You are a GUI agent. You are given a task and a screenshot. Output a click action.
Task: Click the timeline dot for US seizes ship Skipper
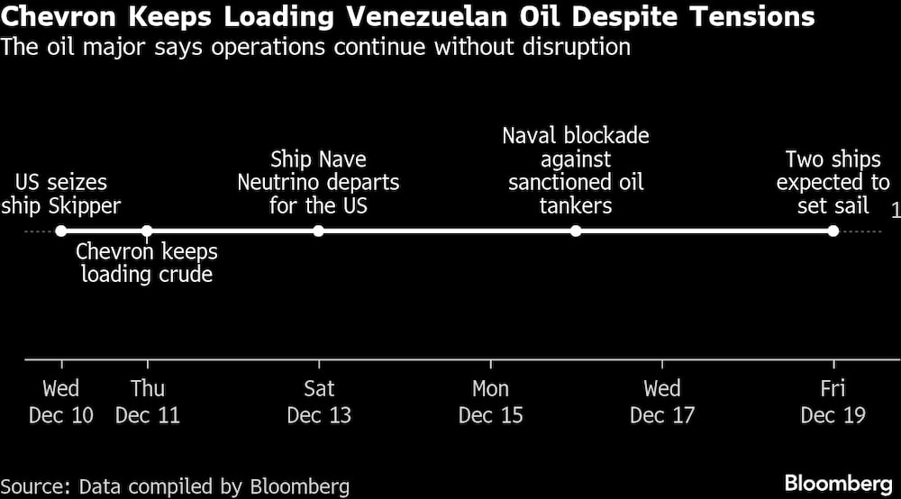[61, 231]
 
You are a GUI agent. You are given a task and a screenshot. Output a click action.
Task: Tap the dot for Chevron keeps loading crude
[147, 231]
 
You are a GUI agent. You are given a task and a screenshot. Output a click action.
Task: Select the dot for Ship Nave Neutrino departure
[318, 231]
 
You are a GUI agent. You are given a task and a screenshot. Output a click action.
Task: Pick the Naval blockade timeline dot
[576, 231]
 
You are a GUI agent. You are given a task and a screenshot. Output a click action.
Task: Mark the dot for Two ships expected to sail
[833, 231]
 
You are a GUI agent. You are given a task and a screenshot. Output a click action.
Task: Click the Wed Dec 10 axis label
[61, 402]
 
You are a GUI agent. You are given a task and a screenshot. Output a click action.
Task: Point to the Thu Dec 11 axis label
[147, 402]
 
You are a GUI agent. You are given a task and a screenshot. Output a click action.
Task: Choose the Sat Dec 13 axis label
[319, 402]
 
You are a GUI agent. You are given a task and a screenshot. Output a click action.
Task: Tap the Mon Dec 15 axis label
[490, 402]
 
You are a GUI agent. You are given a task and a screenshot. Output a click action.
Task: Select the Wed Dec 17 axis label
[662, 402]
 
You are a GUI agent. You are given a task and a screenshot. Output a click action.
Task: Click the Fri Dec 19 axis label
[833, 402]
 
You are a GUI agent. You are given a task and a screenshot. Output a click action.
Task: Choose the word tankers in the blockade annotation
[576, 206]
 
